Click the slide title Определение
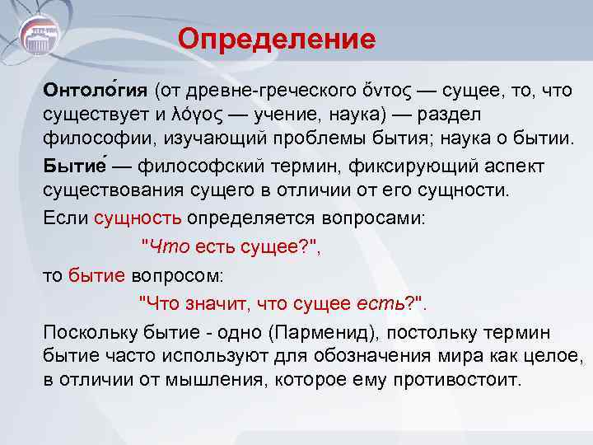pos(276,38)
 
